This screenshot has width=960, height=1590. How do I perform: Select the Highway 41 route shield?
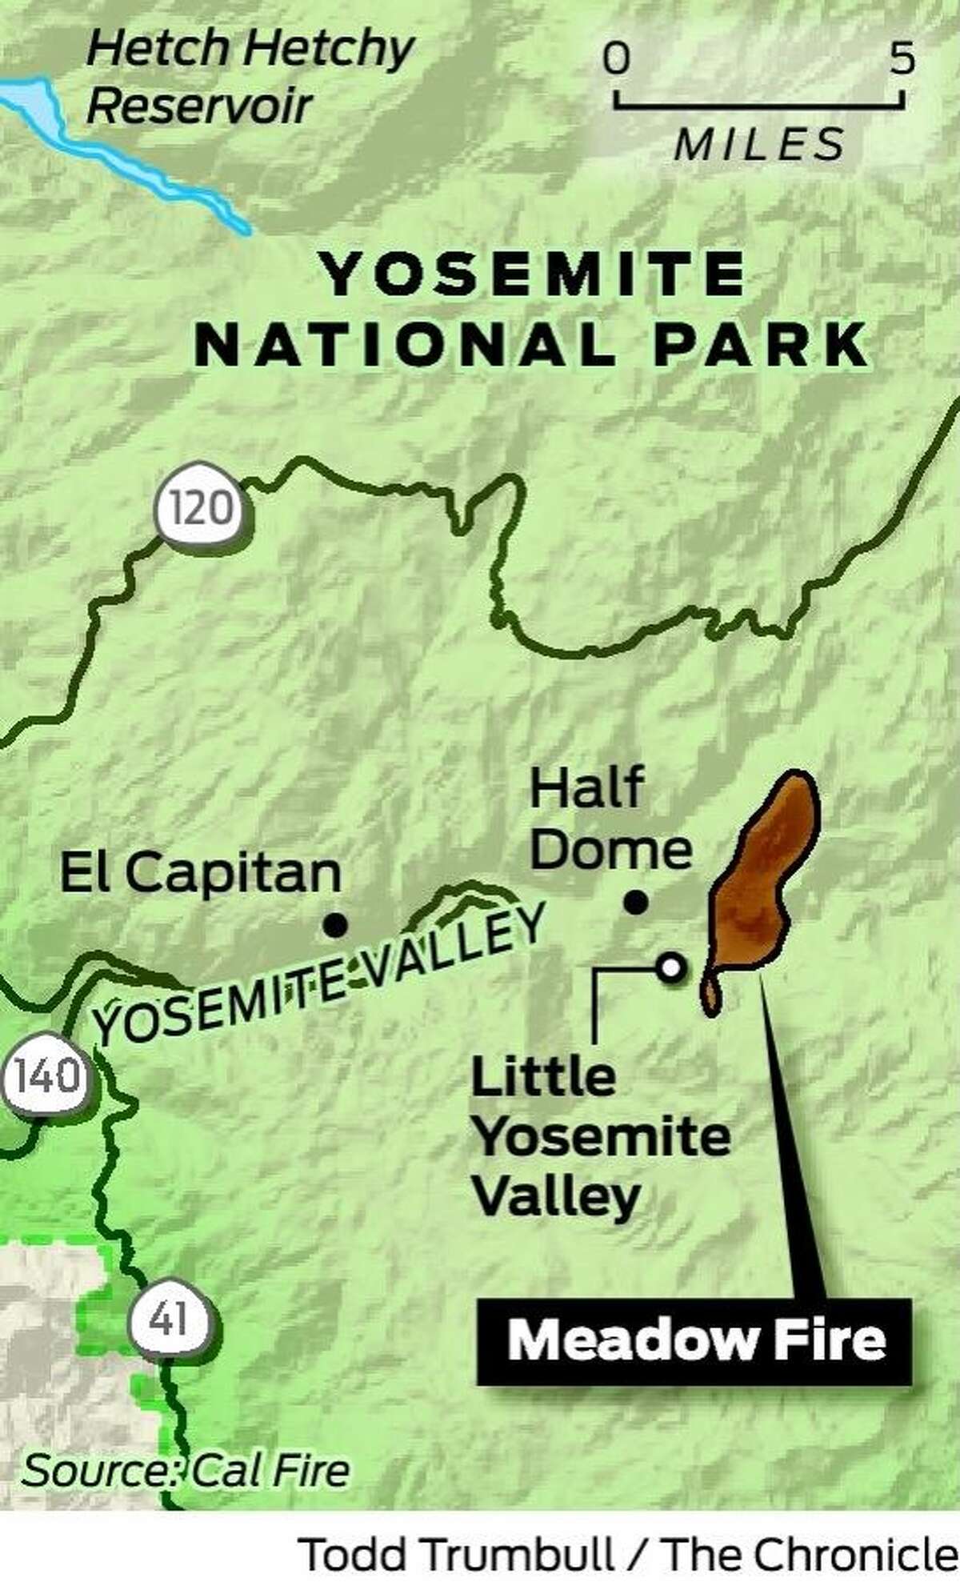coord(170,1318)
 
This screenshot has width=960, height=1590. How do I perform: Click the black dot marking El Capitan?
coord(335,926)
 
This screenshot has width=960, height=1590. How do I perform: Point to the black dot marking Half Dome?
coord(635,903)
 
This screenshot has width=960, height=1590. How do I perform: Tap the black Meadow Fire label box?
coord(694,1340)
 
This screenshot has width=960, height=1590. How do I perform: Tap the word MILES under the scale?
coord(759,145)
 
